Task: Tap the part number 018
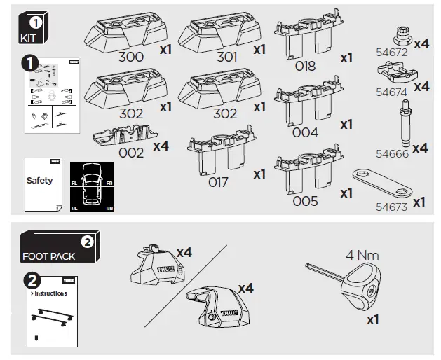click(x=306, y=67)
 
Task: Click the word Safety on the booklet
click(x=39, y=181)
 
